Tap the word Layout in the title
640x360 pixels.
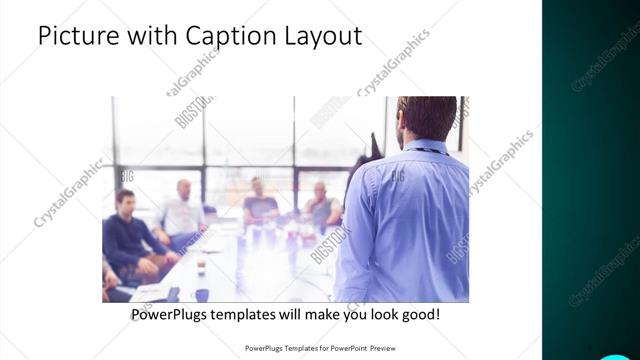click(322, 36)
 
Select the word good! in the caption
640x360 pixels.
click(418, 314)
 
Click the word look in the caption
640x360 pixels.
click(375, 314)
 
